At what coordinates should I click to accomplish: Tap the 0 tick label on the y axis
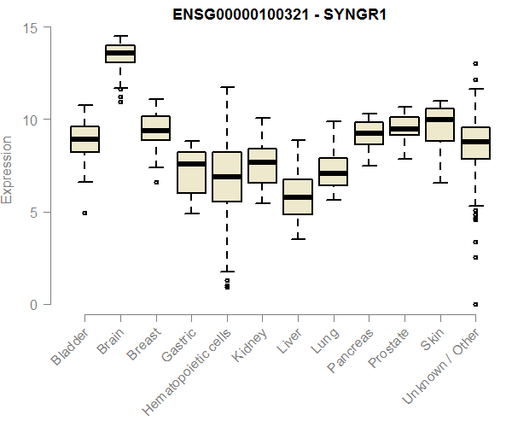(x=33, y=304)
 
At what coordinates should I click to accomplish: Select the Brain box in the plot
(x=120, y=54)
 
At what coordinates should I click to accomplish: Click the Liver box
(x=298, y=197)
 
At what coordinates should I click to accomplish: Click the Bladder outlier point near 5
(x=84, y=213)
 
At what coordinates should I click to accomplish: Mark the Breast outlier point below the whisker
(x=156, y=182)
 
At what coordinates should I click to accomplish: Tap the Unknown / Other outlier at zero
(x=475, y=304)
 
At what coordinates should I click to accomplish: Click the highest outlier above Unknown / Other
(x=475, y=63)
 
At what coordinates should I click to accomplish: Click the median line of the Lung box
(x=334, y=173)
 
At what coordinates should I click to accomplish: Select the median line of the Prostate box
(x=404, y=129)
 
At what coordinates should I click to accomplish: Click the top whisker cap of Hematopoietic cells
(x=227, y=87)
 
